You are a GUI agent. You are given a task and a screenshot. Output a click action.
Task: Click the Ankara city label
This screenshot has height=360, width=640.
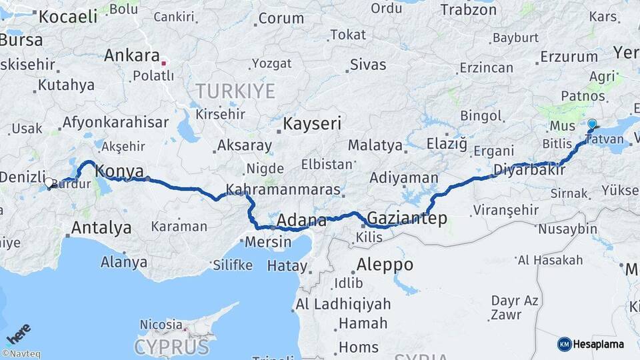click(x=131, y=55)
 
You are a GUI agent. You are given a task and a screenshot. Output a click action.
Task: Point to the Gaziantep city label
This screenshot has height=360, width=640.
click(x=407, y=218)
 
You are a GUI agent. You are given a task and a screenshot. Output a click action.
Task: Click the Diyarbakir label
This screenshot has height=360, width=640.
click(x=529, y=170)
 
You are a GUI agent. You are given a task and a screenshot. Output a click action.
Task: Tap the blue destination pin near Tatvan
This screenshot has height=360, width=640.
click(x=592, y=125)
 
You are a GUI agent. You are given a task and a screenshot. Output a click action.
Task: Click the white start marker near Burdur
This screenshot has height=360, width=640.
click(x=49, y=181)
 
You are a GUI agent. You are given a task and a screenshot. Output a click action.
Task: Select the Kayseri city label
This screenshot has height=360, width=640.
click(x=312, y=123)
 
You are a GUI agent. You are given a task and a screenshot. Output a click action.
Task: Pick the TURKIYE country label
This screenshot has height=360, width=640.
click(x=235, y=91)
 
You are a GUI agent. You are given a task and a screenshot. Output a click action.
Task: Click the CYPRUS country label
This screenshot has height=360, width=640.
click(x=171, y=347)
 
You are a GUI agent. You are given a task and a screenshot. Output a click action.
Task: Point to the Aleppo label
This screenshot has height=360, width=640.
click(x=385, y=265)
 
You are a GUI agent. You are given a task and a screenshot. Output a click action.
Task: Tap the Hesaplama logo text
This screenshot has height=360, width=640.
click(x=599, y=344)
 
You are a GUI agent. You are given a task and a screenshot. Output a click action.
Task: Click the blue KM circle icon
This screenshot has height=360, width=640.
click(x=565, y=344)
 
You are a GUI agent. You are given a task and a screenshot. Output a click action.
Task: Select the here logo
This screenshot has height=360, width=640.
click(x=18, y=333)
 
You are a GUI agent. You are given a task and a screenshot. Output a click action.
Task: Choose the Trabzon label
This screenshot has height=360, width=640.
click(x=468, y=9)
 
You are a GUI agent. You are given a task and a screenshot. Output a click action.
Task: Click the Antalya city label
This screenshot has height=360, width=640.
click(x=101, y=228)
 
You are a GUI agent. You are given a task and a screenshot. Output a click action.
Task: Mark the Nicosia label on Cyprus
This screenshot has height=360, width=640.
click(x=161, y=325)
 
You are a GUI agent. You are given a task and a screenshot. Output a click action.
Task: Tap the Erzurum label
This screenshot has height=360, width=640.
click(x=569, y=56)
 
